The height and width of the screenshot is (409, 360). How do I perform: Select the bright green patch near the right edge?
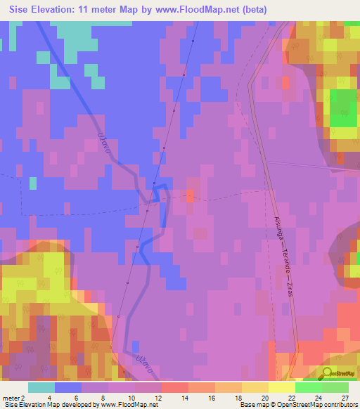pyautogui.click(x=343, y=108)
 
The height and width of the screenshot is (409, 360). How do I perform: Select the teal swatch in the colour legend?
pyautogui.click(x=41, y=387)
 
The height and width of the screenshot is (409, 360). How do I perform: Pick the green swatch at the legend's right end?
pyautogui.click(x=335, y=387)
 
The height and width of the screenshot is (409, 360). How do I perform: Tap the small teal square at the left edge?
pyautogui.click(x=32, y=183)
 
